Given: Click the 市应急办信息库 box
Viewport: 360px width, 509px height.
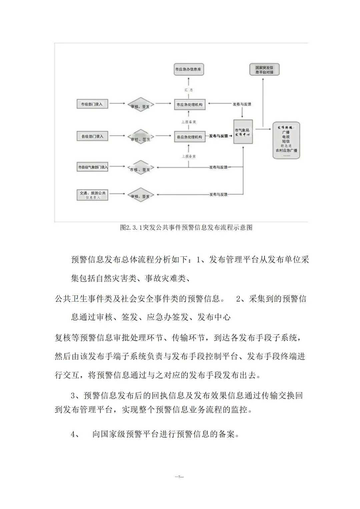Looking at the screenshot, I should [188, 69].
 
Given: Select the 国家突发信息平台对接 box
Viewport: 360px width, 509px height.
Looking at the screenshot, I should [264, 70].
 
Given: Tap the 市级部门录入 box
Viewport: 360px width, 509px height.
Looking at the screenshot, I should [92, 104].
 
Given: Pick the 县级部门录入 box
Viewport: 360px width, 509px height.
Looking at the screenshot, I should [92, 136].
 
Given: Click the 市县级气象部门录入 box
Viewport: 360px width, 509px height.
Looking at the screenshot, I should [93, 167].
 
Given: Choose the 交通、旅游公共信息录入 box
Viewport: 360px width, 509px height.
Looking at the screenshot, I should [92, 195].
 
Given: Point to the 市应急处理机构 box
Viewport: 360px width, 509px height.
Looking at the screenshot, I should [189, 105].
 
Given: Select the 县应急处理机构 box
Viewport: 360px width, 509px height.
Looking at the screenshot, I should [189, 137].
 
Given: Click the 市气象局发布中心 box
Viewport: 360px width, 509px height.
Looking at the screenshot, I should [243, 132].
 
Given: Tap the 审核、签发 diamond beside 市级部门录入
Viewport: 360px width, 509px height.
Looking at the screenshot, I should [140, 105].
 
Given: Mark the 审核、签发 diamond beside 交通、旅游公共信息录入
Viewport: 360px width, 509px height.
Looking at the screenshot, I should [140, 196].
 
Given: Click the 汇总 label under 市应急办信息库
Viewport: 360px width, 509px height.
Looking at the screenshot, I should [189, 90].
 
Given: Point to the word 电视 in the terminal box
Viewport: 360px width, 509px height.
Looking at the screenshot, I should [286, 137].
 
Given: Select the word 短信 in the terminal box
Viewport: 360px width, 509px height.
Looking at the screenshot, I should [286, 141].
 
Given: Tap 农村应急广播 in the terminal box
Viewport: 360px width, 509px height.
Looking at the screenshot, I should [286, 150].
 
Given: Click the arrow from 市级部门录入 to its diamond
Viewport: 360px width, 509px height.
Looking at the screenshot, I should [117, 104].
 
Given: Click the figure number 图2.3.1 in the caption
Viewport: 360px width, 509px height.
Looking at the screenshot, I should [131, 228].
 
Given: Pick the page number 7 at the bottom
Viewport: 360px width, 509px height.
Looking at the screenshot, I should [179, 477].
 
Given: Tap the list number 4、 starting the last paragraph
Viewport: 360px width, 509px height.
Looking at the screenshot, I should [75, 434].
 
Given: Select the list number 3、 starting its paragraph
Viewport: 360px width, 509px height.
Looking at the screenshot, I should [75, 396].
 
